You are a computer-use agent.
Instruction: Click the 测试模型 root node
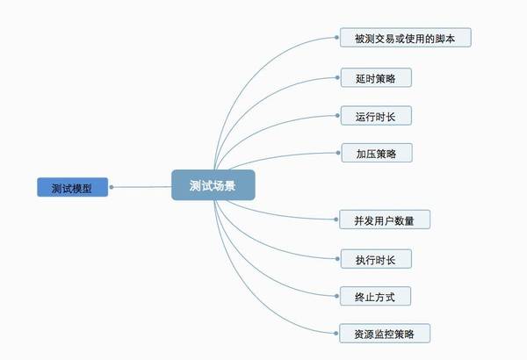tap(73, 187)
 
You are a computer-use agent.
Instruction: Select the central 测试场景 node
tap(213, 185)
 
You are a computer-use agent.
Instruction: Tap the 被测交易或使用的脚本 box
tap(405, 38)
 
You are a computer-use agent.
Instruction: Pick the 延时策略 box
tap(376, 77)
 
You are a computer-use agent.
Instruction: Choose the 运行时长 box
tap(376, 116)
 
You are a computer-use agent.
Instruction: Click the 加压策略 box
tap(377, 153)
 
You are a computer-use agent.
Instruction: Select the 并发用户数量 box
tap(385, 220)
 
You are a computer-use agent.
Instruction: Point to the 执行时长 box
tap(376, 259)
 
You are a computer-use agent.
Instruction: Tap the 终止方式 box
tap(375, 296)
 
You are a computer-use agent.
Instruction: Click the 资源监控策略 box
tap(385, 334)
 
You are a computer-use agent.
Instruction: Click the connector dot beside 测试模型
tap(112, 187)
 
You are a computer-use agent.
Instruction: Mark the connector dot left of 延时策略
tap(337, 77)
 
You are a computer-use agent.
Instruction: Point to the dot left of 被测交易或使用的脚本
tap(336, 38)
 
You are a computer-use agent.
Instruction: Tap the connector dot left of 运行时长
tap(337, 116)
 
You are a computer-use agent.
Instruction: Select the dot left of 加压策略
tap(338, 153)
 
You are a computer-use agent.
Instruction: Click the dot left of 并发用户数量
tap(336, 220)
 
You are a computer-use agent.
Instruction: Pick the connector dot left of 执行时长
tap(337, 259)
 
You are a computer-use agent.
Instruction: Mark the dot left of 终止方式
tap(336, 296)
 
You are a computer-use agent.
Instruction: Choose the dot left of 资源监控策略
tap(336, 334)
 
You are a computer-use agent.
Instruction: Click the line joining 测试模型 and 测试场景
tap(142, 187)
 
